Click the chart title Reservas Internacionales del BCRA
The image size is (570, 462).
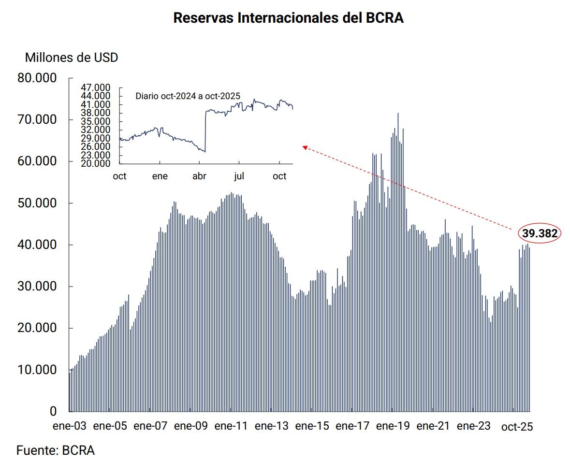288,18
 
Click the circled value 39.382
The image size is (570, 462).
540,234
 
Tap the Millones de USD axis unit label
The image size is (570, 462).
72,58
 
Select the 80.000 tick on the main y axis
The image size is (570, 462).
37,78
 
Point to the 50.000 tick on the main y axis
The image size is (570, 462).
37,203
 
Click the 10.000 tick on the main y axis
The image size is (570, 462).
37,370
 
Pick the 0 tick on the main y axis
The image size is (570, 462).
53,412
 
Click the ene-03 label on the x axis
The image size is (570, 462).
70,426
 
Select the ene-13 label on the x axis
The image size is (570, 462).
271,426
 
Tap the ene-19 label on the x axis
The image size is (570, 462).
393,426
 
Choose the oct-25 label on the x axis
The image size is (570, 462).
517,427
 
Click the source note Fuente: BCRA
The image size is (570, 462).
56,451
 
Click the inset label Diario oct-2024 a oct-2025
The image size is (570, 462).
188,96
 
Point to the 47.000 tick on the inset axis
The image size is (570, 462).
96,87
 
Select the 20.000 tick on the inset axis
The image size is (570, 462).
96,164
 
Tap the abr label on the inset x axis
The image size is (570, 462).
199,176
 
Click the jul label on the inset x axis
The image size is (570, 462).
239,176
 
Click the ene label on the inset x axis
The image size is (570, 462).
160,176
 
